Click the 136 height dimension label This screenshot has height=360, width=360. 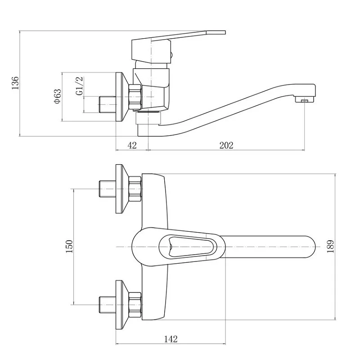[15, 83]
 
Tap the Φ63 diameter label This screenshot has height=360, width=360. [58, 96]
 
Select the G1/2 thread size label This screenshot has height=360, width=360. [79, 86]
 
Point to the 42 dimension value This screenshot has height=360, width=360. [132, 145]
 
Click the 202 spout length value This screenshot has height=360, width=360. [226, 145]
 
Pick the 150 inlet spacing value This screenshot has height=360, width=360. [69, 246]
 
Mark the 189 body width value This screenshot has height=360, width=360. [330, 247]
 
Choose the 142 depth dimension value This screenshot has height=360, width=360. [171, 339]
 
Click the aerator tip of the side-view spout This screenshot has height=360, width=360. [305, 100]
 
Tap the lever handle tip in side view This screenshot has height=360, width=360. [216, 32]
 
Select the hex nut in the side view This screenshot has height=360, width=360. [135, 97]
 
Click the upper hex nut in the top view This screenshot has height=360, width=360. [135, 189]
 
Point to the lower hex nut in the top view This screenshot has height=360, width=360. [135, 305]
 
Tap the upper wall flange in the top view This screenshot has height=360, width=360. [122, 189]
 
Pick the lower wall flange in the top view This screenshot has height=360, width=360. [122, 305]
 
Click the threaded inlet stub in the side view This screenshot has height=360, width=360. [108, 105]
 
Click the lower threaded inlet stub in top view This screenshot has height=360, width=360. [108, 305]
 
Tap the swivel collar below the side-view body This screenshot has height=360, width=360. [148, 118]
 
